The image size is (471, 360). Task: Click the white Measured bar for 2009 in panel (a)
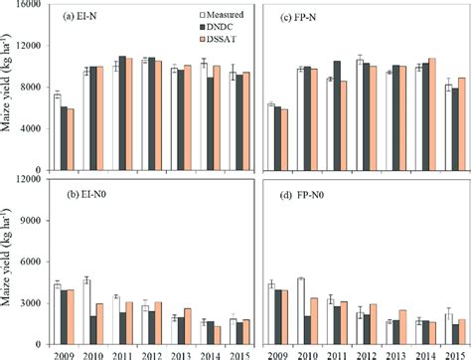coord(57,131)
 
